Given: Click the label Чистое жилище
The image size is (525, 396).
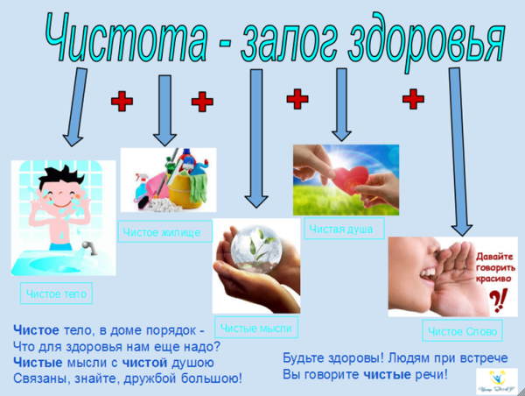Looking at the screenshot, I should (166, 232).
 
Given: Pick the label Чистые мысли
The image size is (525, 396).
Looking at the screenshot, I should (256, 328).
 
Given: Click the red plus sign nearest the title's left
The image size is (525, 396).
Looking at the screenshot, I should (122, 103).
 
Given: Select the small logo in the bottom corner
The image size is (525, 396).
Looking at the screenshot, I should (495, 378).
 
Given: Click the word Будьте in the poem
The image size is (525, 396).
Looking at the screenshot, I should (306, 358).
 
